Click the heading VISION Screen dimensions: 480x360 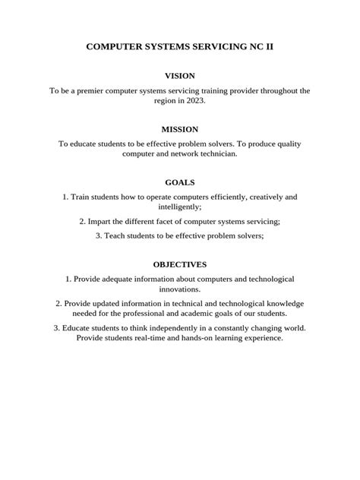(x=180, y=76)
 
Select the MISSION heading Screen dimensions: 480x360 (x=180, y=129)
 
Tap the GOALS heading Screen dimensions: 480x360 (x=180, y=182)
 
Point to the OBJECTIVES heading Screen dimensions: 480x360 (x=180, y=265)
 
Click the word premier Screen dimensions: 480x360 (x=96, y=90)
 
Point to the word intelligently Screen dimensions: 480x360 (x=178, y=207)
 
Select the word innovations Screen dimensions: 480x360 (x=180, y=289)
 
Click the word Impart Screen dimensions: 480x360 (x=101, y=221)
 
